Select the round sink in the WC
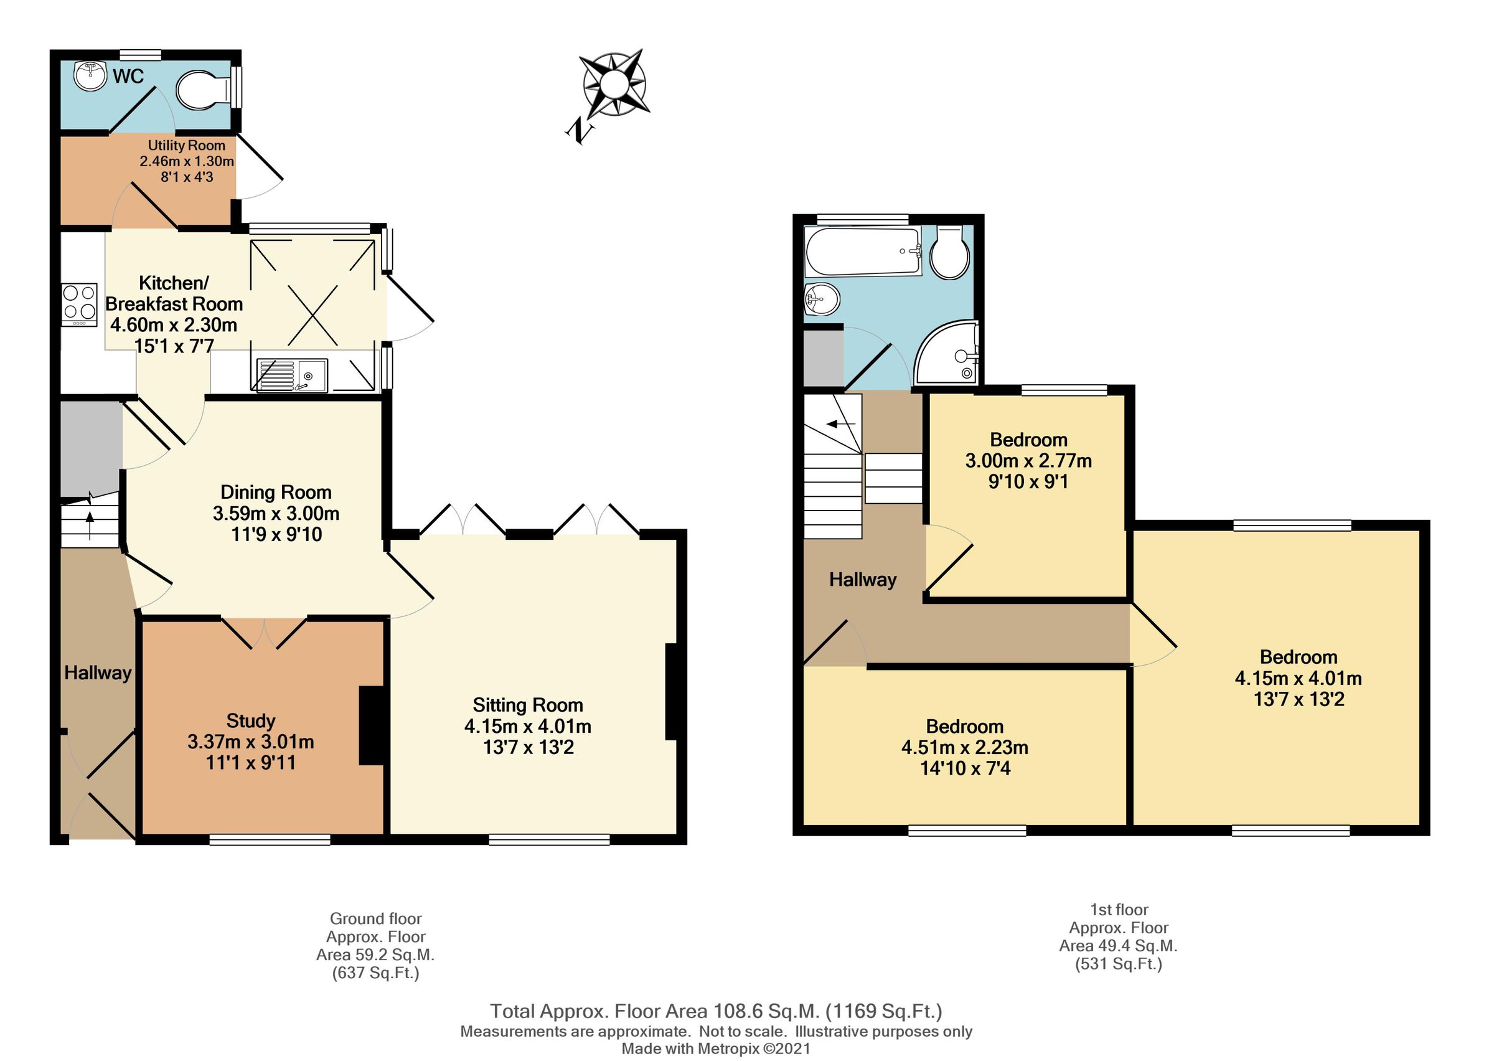tap(90, 77)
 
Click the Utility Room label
tap(186, 146)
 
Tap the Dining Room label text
tap(276, 492)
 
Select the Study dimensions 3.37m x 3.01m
tap(251, 742)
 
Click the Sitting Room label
tap(528, 705)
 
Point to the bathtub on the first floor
tap(863, 252)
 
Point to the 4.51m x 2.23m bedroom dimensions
tap(964, 747)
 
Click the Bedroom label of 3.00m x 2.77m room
tap(1028, 440)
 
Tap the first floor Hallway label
tap(863, 580)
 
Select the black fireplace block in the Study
tap(372, 725)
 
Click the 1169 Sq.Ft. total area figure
tap(884, 1011)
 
